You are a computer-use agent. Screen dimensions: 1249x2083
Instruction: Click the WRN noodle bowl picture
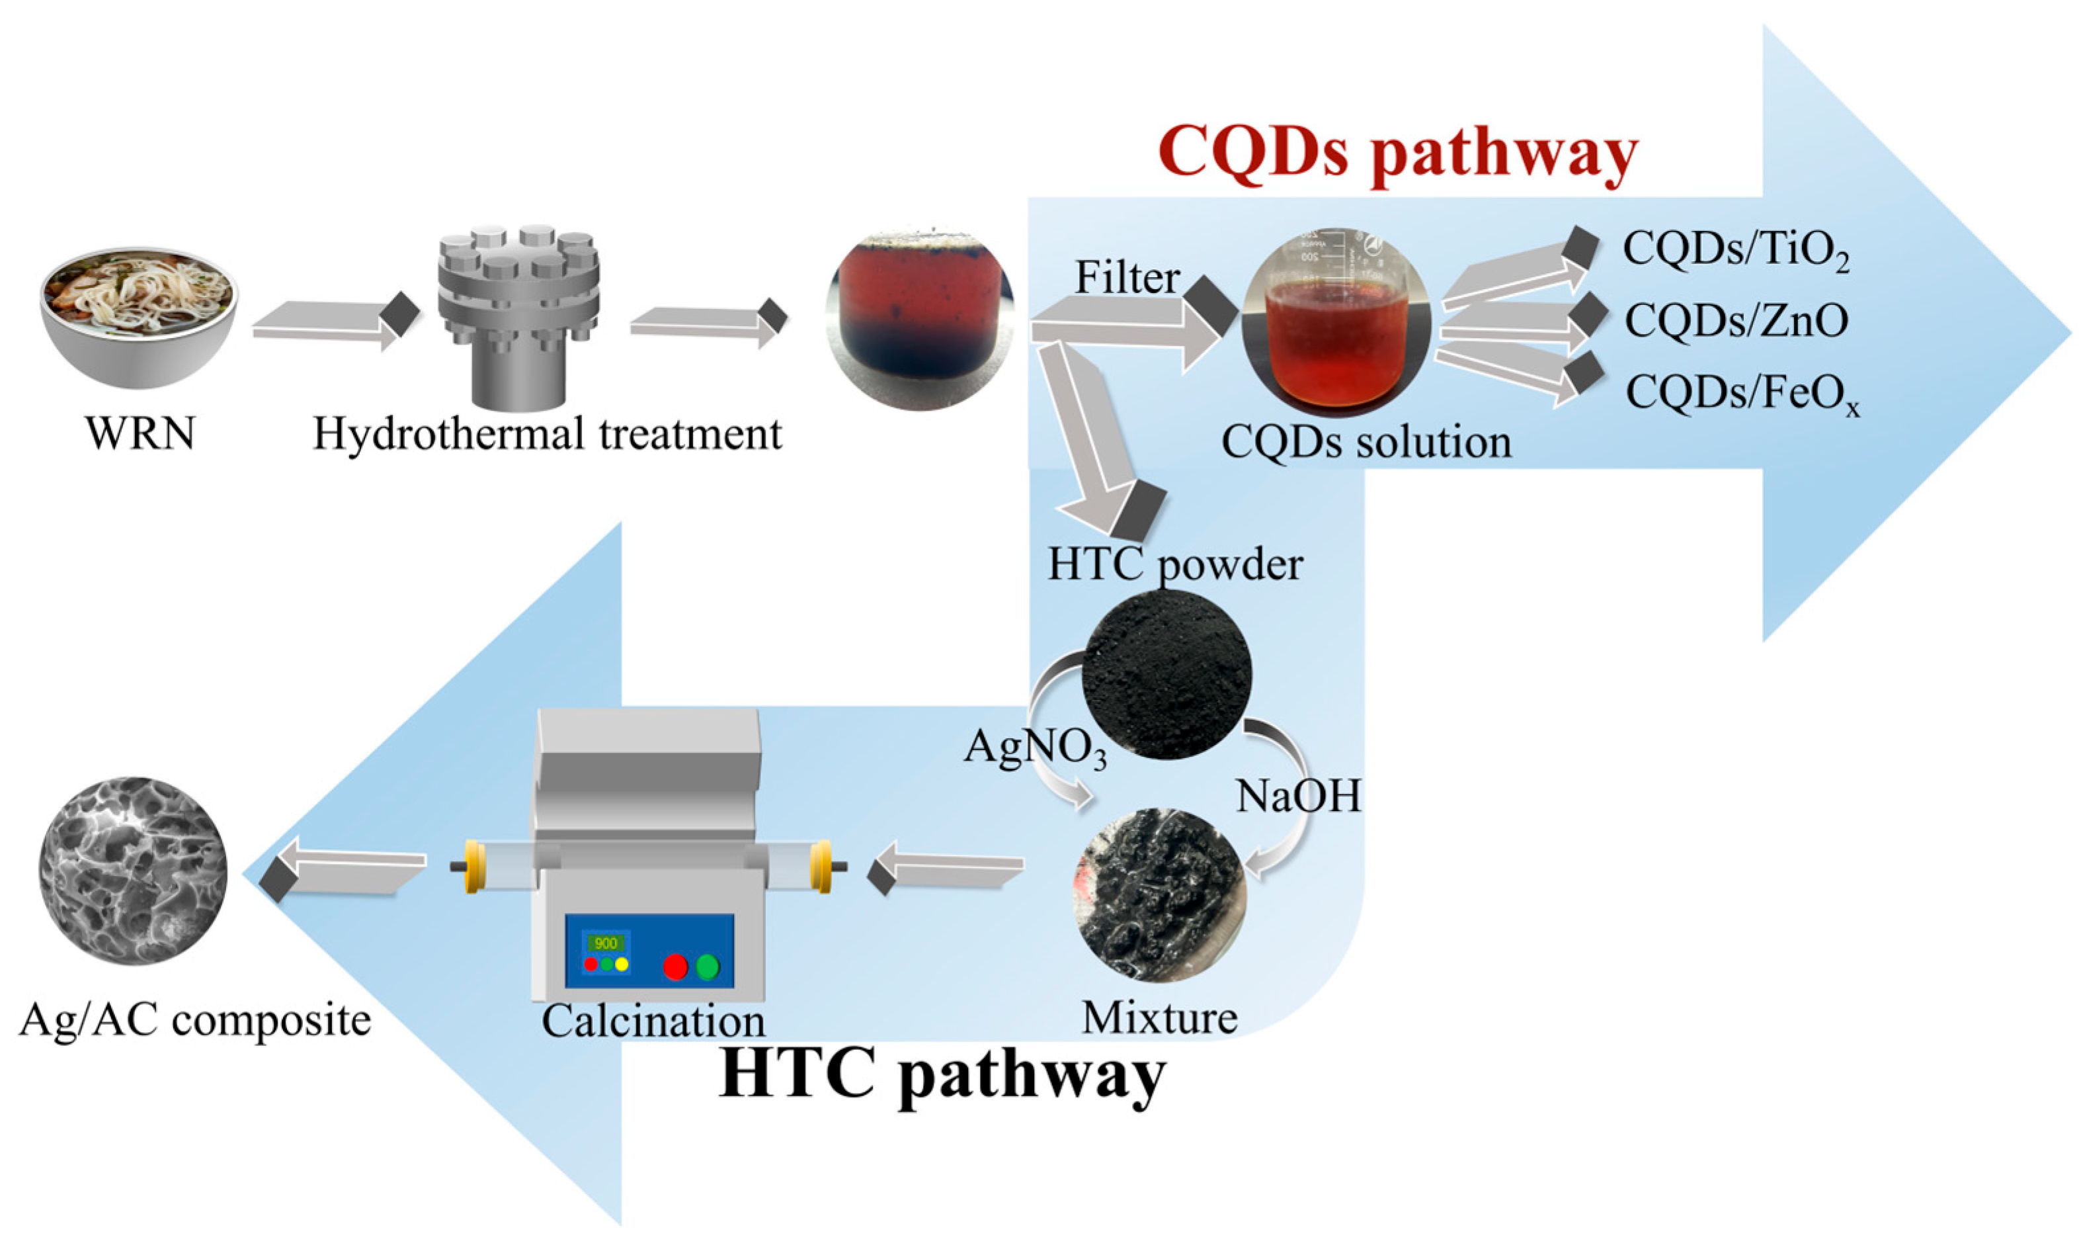click(139, 316)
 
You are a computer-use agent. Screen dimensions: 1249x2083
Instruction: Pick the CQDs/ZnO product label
click(1736, 321)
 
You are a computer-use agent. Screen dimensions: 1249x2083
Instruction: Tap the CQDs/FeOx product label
click(1741, 392)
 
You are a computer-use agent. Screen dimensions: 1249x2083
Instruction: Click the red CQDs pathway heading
click(1397, 153)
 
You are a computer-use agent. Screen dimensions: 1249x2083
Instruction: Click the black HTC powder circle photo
click(1166, 674)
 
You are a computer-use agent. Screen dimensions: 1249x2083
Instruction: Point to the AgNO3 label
click(1035, 748)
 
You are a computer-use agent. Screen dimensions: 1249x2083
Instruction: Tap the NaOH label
click(1297, 795)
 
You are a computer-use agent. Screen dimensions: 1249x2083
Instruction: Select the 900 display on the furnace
click(605, 943)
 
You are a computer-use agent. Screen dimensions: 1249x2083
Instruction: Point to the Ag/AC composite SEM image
click(133, 872)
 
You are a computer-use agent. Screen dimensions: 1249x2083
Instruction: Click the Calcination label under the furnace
click(653, 1021)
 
